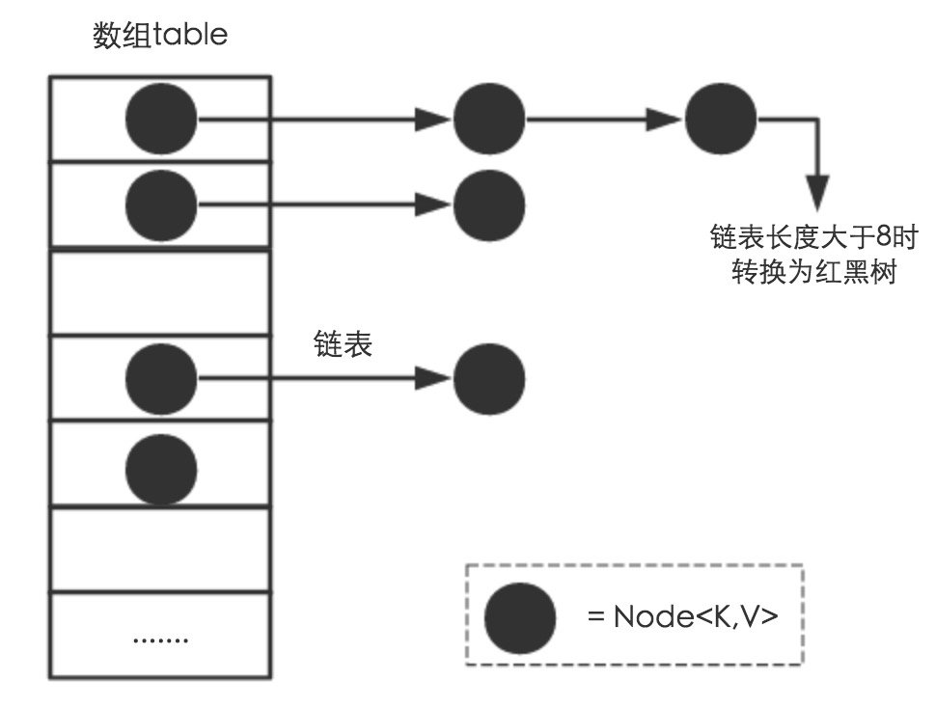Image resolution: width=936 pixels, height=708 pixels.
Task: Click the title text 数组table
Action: (x=159, y=37)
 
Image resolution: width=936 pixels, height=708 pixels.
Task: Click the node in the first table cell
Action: (x=161, y=120)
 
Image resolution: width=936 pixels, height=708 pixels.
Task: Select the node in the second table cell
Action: (x=161, y=204)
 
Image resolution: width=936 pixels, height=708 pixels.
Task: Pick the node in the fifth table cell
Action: (x=161, y=469)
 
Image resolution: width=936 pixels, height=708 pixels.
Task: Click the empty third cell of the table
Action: (x=160, y=292)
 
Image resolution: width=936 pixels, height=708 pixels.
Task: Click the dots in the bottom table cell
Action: (x=160, y=639)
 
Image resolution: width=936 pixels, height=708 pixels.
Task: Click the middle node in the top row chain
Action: (x=489, y=120)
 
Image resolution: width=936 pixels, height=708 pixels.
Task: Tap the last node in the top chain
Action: (x=721, y=120)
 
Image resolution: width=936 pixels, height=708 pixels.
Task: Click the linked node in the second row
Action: (x=489, y=204)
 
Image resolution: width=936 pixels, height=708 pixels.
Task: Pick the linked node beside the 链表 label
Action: (x=489, y=378)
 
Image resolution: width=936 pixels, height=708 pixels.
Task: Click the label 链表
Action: (x=343, y=345)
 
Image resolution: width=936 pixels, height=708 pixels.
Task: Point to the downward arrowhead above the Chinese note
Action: (x=817, y=192)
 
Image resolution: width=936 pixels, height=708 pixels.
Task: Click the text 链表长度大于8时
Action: (x=815, y=235)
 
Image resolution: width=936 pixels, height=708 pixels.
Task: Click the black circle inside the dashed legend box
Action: (x=520, y=617)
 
